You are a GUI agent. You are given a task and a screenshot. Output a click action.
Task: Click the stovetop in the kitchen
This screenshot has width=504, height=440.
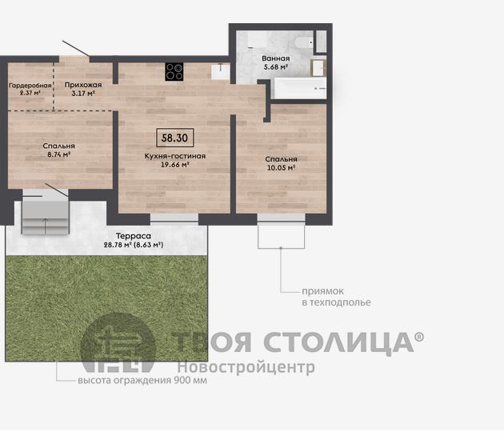[x=174, y=71]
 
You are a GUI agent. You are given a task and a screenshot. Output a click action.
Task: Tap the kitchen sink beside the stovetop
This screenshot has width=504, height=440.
[x=221, y=71]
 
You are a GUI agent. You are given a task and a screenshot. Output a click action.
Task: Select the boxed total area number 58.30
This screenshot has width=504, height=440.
[x=175, y=138]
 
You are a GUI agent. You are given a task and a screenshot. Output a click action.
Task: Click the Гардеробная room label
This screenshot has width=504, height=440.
[x=30, y=86]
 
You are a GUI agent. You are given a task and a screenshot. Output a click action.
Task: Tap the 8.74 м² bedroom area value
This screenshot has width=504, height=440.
[x=59, y=154]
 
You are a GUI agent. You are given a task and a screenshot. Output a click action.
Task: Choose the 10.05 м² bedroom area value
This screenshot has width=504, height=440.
[x=282, y=167]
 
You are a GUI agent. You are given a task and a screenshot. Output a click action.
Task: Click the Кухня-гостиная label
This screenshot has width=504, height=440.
[x=175, y=156]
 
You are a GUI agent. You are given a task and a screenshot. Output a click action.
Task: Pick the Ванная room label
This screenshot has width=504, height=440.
[x=276, y=58]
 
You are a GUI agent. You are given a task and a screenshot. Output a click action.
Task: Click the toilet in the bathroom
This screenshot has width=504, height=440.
[x=304, y=42]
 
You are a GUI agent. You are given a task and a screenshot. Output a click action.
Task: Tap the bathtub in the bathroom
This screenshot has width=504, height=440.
[x=299, y=88]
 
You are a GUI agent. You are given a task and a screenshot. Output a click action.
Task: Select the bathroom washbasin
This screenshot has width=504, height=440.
[x=318, y=68]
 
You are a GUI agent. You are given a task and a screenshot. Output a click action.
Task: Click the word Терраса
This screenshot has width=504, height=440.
[x=134, y=236]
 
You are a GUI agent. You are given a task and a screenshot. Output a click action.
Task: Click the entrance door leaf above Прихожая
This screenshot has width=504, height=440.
[x=76, y=49]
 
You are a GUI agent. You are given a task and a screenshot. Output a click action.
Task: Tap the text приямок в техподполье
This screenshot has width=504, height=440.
[x=336, y=297]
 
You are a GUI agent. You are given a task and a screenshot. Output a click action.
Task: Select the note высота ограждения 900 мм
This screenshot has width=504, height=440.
[x=142, y=380]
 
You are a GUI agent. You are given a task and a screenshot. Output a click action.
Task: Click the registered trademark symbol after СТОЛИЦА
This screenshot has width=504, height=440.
[x=419, y=337]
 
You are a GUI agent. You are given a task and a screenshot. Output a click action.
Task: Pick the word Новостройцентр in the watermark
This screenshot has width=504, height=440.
[x=246, y=367]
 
